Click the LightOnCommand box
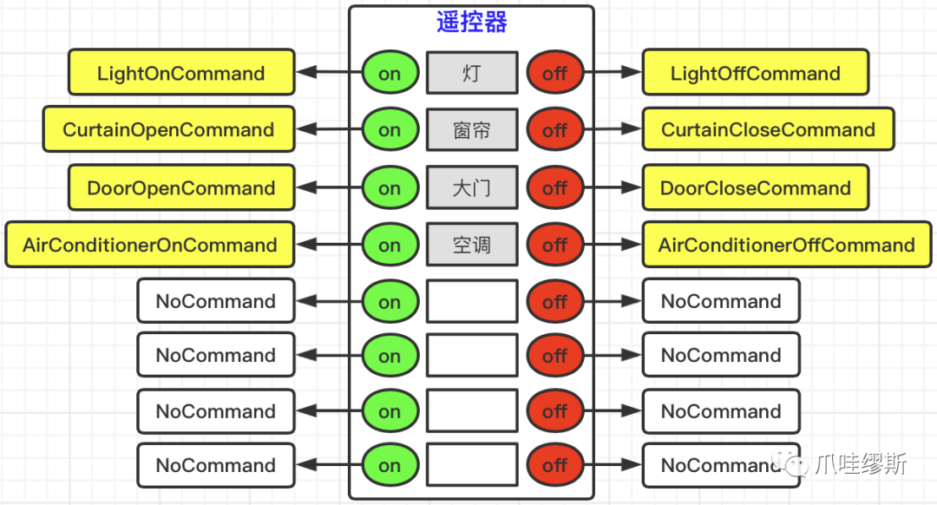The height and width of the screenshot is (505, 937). pos(181,73)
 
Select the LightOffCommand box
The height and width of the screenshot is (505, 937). pos(755,73)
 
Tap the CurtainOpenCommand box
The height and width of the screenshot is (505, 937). pos(168,130)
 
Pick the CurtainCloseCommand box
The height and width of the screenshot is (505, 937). pos(768,130)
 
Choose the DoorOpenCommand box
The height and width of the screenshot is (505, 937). pos(181,188)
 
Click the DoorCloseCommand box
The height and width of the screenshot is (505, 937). pos(755,188)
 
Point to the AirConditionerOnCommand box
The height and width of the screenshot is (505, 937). pos(150,245)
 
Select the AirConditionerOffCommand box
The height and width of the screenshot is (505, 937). pos(786,245)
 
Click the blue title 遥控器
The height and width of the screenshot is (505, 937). pos(471,23)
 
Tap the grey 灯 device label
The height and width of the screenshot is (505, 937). pos(471,73)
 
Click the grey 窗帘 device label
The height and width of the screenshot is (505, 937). pos(471,130)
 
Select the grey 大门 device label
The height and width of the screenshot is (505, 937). pos(471,188)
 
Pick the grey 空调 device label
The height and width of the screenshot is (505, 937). pos(471,245)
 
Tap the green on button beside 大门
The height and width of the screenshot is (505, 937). pos(390,188)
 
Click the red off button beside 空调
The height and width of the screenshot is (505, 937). pos(554,245)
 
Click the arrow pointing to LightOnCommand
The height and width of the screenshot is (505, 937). pos(328,73)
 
